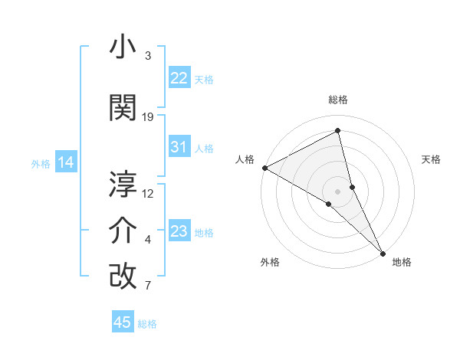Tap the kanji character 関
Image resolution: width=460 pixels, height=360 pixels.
tap(123, 108)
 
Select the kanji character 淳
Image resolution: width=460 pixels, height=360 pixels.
tap(123, 185)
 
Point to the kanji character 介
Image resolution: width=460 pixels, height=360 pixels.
tap(123, 231)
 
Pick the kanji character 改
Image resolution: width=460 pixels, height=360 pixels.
tap(123, 277)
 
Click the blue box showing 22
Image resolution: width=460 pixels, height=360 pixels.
tap(179, 78)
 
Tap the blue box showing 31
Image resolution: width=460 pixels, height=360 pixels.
tap(179, 147)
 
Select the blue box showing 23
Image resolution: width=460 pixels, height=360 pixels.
tap(179, 231)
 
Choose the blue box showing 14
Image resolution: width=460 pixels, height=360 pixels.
tap(66, 162)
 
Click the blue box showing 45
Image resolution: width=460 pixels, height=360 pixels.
tap(123, 322)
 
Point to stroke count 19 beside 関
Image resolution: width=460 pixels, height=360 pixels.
tap(148, 116)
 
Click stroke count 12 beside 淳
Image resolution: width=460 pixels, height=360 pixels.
tap(148, 193)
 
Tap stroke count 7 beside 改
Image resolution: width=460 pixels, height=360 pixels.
tap(148, 286)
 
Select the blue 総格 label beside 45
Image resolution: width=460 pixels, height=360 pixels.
tap(147, 324)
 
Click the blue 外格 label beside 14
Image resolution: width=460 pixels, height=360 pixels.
tap(40, 164)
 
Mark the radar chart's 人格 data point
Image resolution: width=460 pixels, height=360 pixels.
tap(264, 167)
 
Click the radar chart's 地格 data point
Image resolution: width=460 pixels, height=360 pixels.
tap(383, 252)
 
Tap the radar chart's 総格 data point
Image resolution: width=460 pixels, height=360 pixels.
tap(338, 131)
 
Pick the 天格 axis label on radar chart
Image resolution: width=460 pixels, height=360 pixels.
tap(431, 159)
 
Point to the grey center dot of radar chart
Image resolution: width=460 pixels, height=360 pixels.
tap(337, 191)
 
